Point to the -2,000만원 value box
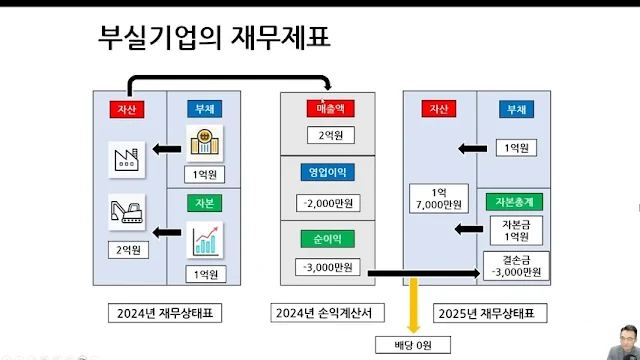pos(327,204)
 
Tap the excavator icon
pos(126,212)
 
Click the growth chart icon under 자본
pos(205,238)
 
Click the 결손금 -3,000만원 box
pos(514,265)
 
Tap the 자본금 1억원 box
pos(514,231)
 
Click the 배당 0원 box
pos(412,345)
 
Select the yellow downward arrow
pos(412,305)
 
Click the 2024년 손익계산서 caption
pos(327,313)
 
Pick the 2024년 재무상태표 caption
pos(164,313)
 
